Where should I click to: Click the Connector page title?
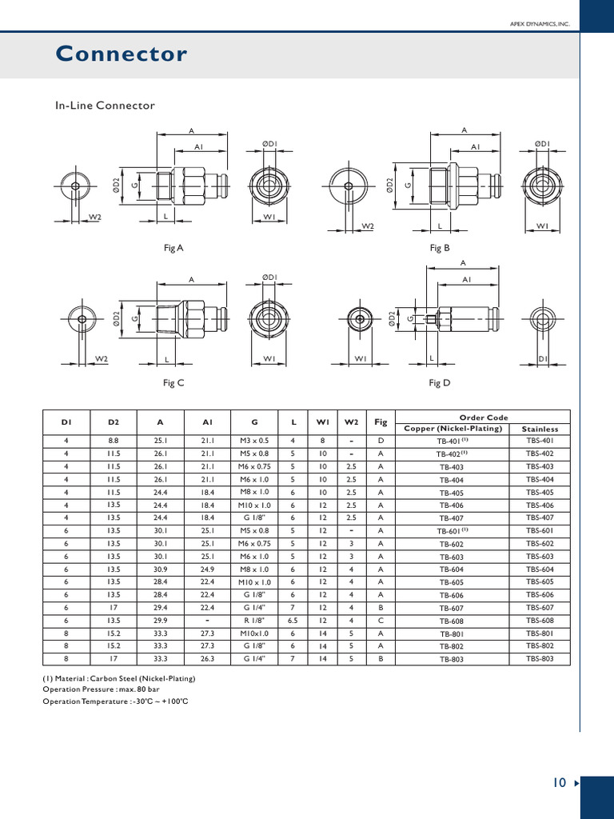coord(121,54)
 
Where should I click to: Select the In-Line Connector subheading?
coord(104,106)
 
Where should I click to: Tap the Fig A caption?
coord(173,248)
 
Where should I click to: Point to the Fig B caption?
coord(440,248)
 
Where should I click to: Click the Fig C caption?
coord(173,383)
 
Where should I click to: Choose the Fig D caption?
coord(440,383)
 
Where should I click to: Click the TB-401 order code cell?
coord(452,441)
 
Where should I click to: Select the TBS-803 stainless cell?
coord(540,659)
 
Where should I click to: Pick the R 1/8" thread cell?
coord(254,621)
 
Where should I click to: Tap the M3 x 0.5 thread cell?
coord(254,441)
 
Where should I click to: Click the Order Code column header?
coord(484,417)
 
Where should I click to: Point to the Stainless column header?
coord(540,429)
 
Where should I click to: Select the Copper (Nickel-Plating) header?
coord(453,429)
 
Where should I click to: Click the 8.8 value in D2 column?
coord(113,441)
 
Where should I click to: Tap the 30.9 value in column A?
coord(160,569)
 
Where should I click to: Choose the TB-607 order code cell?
coord(452,609)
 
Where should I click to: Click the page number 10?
coord(559,782)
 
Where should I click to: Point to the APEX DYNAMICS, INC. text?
coord(540,25)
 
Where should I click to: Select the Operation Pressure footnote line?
coord(102,689)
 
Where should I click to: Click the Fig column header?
coord(381,422)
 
